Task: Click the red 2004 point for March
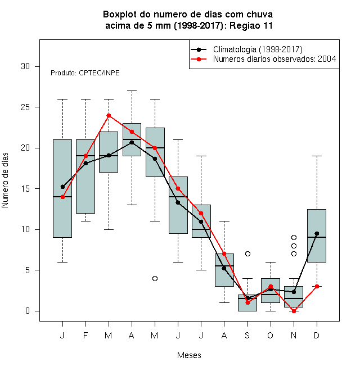[x=109, y=115]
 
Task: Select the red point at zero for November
[x=294, y=311]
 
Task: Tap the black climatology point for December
[x=317, y=233]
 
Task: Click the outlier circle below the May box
[x=155, y=278]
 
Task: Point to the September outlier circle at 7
[x=247, y=254]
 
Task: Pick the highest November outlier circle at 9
[x=294, y=237]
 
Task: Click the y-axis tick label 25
[x=25, y=107]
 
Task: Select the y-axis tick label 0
[x=28, y=311]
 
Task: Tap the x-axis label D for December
[x=317, y=335]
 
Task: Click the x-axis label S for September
[x=247, y=335]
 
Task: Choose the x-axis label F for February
[x=85, y=335]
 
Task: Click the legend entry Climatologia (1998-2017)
[x=258, y=49]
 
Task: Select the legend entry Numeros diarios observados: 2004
[x=274, y=59]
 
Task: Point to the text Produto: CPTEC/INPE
[x=85, y=73]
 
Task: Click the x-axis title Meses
[x=189, y=355]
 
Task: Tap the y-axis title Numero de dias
[x=5, y=180]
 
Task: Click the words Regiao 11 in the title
[x=251, y=25]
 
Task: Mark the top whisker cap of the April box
[x=132, y=91]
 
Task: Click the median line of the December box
[x=317, y=237]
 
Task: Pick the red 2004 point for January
[x=62, y=197]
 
